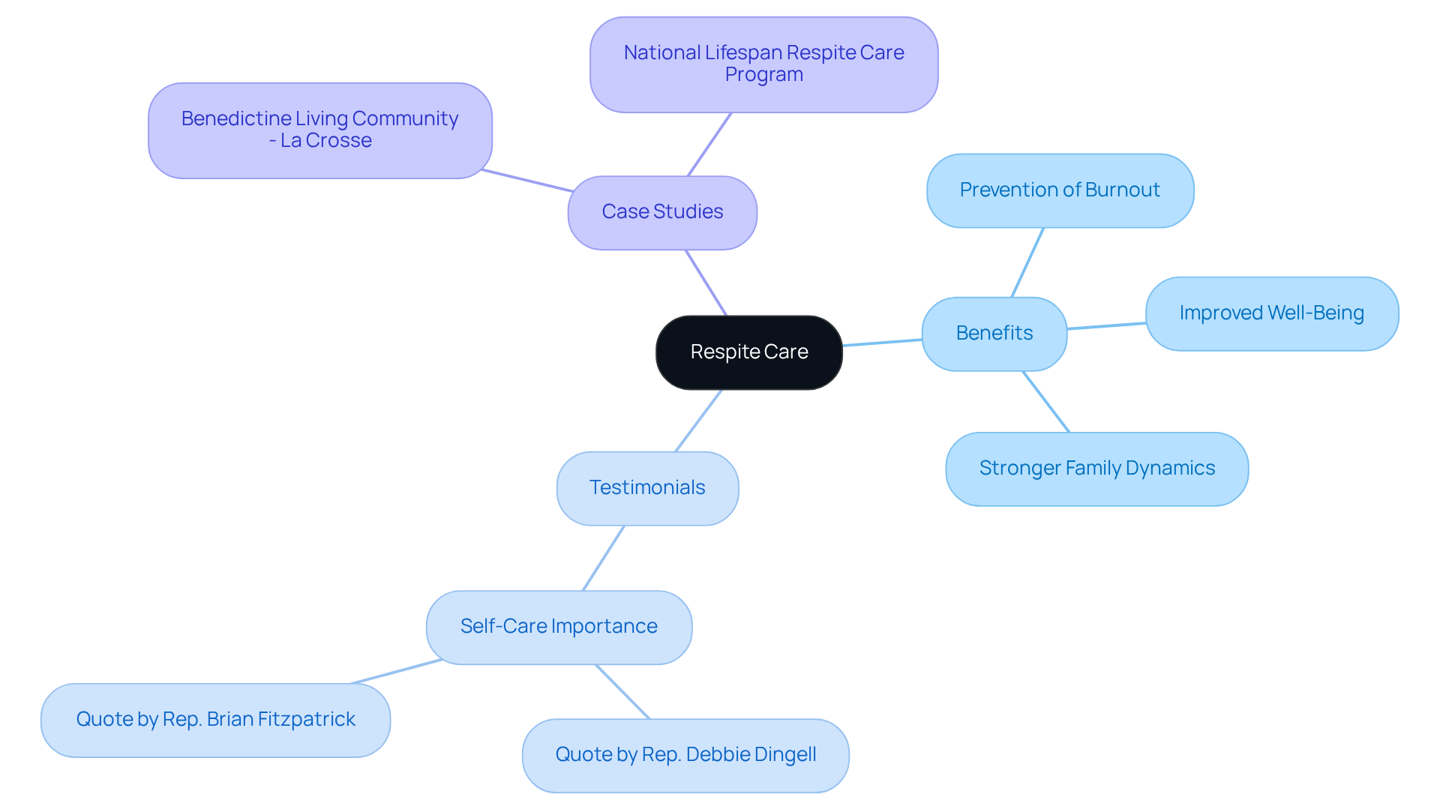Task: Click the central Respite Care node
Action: click(x=748, y=352)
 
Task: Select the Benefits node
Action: click(x=994, y=334)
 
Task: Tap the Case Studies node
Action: click(x=662, y=212)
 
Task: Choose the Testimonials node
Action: click(x=647, y=488)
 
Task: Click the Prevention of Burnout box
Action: click(x=1060, y=190)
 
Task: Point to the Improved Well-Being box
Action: click(x=1271, y=313)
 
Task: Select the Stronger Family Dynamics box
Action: click(x=1096, y=469)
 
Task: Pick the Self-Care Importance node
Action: click(x=559, y=627)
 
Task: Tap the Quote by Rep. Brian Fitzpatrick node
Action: click(x=215, y=720)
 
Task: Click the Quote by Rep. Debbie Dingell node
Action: click(x=685, y=755)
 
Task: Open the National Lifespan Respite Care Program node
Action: click(x=763, y=64)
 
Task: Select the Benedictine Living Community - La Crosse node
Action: click(x=319, y=130)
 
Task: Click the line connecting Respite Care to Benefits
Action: click(x=882, y=343)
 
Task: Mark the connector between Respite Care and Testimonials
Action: click(x=698, y=421)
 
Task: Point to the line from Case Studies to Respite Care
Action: click(x=706, y=283)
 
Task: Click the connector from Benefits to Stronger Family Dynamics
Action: click(x=1045, y=401)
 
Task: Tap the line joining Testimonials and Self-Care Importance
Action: click(x=603, y=558)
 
